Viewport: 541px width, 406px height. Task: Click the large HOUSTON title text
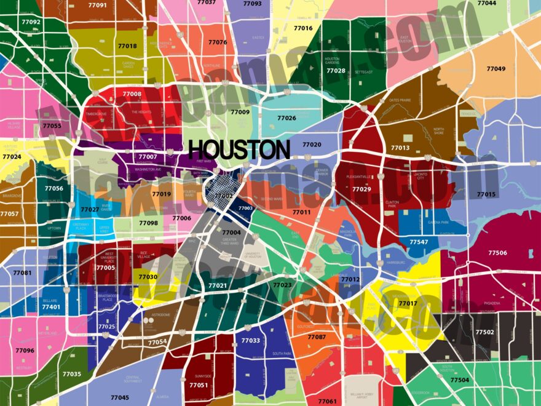tap(239, 149)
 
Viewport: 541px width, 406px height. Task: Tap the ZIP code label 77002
tap(224, 196)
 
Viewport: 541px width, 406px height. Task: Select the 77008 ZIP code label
tap(132, 94)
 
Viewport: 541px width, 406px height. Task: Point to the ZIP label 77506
tap(497, 253)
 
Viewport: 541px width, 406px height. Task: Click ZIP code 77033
tap(250, 340)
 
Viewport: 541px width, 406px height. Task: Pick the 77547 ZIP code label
tap(419, 242)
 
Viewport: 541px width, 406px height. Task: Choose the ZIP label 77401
tap(51, 306)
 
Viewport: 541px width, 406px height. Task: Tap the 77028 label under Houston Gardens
tap(336, 71)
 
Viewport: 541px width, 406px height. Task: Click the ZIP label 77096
tap(25, 350)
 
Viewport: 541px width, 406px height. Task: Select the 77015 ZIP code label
tap(486, 194)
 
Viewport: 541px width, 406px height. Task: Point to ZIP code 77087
tap(317, 336)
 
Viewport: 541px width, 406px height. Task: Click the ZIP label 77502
tap(484, 332)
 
